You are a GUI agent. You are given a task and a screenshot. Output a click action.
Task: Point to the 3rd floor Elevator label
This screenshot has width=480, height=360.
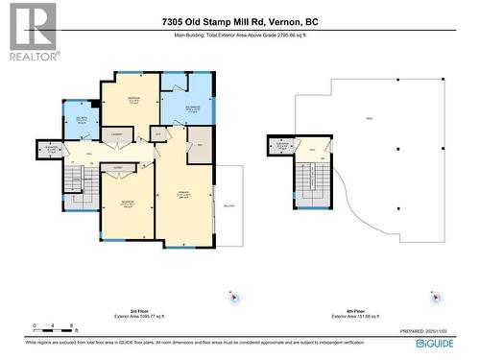coord(50,149)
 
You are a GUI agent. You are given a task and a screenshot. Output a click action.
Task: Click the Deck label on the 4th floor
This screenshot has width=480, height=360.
coord(369,118)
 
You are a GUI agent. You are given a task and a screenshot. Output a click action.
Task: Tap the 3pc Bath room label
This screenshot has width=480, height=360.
coord(82,120)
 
